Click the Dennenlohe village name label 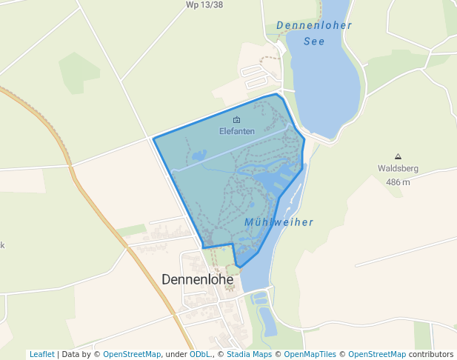[x=197, y=280]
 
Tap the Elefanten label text [x=237, y=131]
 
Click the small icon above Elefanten [x=237, y=120]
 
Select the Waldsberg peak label [x=398, y=168]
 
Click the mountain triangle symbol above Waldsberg [x=398, y=156]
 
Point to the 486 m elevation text [x=398, y=181]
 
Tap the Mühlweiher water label [x=278, y=222]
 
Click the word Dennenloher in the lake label [x=314, y=26]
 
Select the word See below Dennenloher [x=314, y=41]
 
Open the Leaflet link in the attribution [x=41, y=354]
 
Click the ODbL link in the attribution [x=199, y=354]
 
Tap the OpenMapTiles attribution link [x=310, y=354]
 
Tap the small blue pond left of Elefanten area [x=199, y=156]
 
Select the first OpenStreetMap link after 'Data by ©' [x=133, y=354]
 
